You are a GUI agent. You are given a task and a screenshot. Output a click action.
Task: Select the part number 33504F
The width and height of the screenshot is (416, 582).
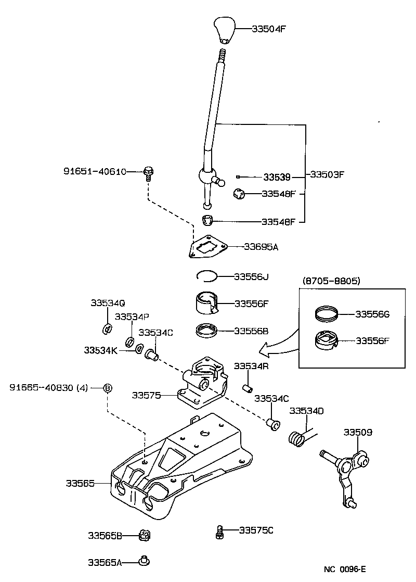coord(269,29)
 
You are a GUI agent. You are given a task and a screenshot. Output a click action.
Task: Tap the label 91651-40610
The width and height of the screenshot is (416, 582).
coord(95,171)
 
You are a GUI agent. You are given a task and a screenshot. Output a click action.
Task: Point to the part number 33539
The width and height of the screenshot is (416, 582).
coord(276,177)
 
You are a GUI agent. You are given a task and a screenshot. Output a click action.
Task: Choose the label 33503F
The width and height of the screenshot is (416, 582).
coord(327,174)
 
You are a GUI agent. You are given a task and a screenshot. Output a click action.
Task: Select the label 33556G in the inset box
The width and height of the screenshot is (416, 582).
coord(372,314)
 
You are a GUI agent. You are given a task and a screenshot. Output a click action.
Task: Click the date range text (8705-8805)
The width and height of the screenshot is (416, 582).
coord(331,281)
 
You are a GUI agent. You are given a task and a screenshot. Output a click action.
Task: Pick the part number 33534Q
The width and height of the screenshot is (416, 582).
coord(108,302)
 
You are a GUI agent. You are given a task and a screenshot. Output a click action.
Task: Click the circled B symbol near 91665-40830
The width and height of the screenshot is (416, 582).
coord(108,387)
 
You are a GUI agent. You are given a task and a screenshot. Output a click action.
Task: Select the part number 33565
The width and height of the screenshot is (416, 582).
coord(80,484)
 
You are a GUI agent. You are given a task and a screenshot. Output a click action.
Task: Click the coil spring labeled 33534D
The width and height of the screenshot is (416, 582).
coord(297,438)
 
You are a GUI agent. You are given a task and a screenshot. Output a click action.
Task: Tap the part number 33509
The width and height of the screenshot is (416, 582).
coord(357,432)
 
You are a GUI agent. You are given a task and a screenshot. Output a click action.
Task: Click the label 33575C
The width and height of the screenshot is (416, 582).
coord(256,530)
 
